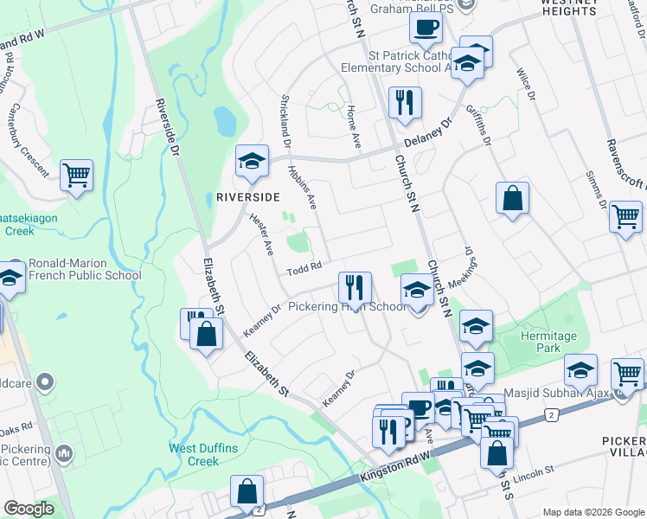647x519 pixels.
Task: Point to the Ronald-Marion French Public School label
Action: (85, 270)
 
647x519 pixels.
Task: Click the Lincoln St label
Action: (533, 473)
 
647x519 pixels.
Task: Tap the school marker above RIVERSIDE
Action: (253, 161)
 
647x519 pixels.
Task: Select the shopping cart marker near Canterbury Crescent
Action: (77, 175)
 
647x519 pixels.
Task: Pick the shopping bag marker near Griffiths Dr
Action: (513, 198)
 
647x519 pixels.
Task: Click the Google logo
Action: (29, 509)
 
